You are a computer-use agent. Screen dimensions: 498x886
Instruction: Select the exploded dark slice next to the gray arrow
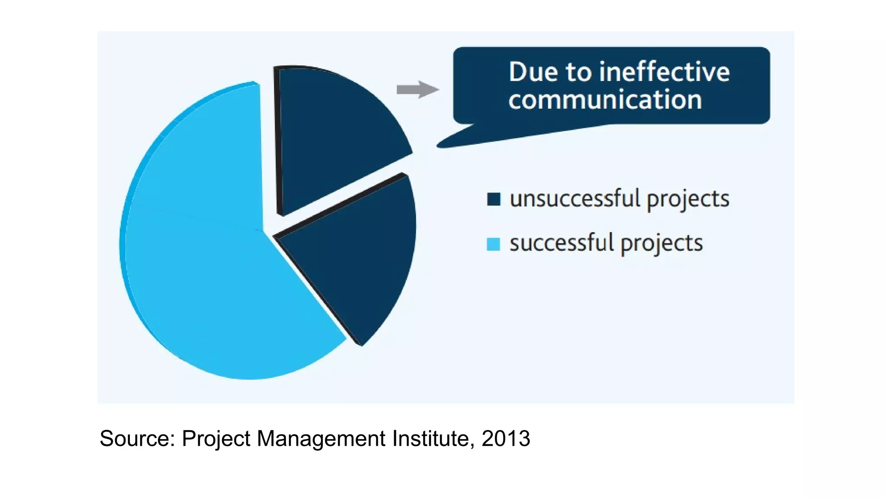[x=333, y=130]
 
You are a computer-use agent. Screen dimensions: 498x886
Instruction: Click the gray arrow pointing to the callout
[x=417, y=89]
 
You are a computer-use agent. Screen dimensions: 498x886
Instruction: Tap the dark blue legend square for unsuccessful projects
[x=494, y=199]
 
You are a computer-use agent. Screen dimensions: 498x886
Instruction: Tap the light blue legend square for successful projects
[x=494, y=244]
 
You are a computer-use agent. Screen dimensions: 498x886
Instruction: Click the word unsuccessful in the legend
[x=575, y=199]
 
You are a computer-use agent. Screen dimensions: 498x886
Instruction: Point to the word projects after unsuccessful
[x=688, y=200]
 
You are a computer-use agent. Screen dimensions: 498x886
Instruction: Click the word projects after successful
[x=661, y=244]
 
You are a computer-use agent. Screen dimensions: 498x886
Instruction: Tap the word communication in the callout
[x=605, y=100]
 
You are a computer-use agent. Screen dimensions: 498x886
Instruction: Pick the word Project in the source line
[x=216, y=438]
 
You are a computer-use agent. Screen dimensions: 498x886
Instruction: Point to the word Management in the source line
[x=321, y=438]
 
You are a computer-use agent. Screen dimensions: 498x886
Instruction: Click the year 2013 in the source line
[x=506, y=438]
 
